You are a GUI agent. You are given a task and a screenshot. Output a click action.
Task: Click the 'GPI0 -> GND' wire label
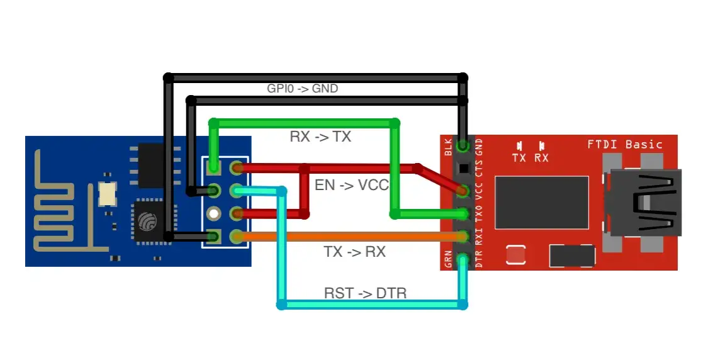(302, 89)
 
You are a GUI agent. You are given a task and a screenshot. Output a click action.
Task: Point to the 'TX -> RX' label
(354, 252)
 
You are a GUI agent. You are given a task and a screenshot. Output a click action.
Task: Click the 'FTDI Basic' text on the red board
(624, 144)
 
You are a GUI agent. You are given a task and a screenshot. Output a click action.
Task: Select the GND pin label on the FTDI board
(479, 149)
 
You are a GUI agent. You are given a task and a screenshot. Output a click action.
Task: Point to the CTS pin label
(479, 168)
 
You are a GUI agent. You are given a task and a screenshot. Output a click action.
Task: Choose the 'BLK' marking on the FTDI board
(448, 149)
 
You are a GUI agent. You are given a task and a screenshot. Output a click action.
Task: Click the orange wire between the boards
(352, 237)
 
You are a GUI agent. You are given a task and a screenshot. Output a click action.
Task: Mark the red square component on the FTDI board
(516, 255)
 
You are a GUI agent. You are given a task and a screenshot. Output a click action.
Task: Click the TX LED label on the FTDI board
(519, 158)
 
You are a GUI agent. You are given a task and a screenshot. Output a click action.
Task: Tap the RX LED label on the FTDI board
(541, 158)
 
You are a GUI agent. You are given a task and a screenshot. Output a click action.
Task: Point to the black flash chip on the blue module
(152, 165)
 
